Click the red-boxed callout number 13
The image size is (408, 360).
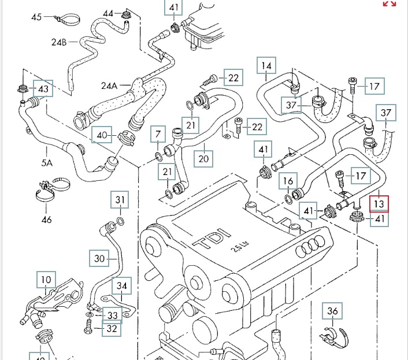pyautogui.click(x=379, y=204)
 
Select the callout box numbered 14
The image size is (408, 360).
pyautogui.click(x=266, y=65)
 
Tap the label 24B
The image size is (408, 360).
pyautogui.click(x=59, y=42)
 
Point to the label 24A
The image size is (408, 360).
pyautogui.click(x=109, y=86)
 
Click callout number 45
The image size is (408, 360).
pyautogui.click(x=36, y=17)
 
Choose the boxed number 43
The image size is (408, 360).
pyautogui.click(x=43, y=88)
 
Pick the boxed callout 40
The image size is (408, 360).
pyautogui.click(x=102, y=135)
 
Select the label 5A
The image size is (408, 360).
pyautogui.click(x=47, y=162)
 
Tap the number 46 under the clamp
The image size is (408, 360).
pyautogui.click(x=47, y=220)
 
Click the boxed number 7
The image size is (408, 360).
pyautogui.click(x=158, y=134)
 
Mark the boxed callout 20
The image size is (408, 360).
pyautogui.click(x=203, y=159)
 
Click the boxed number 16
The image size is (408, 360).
pyautogui.click(x=288, y=181)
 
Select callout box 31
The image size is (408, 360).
pyautogui.click(x=120, y=200)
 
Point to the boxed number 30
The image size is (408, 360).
pyautogui.click(x=99, y=258)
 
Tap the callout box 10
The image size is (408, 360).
pyautogui.click(x=46, y=280)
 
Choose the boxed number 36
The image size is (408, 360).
pyautogui.click(x=332, y=311)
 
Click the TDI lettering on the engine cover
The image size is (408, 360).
pyautogui.click(x=212, y=238)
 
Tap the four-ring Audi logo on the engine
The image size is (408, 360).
pyautogui.click(x=310, y=246)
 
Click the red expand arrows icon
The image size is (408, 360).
pyautogui.click(x=390, y=3)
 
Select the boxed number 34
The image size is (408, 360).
pyautogui.click(x=122, y=285)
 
